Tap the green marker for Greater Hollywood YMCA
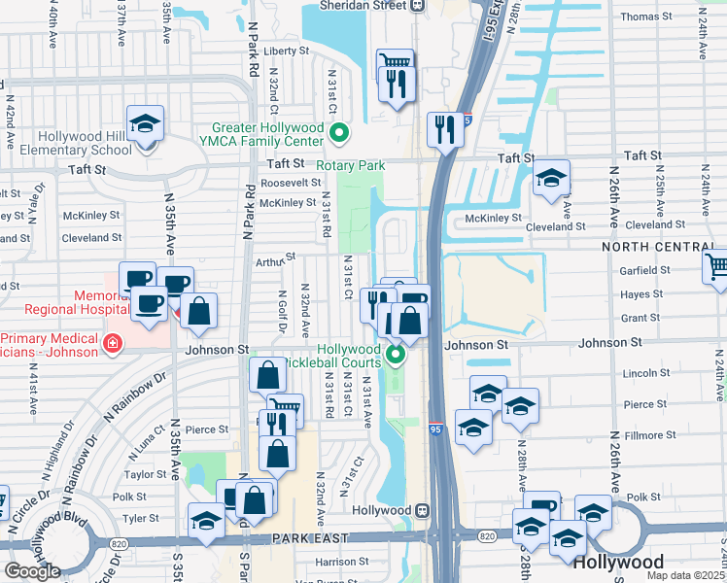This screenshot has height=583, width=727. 339,132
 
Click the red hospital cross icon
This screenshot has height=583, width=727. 113,344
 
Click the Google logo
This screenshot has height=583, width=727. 32,571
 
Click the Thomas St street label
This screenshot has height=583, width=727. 646,17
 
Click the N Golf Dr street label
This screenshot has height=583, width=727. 281,311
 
